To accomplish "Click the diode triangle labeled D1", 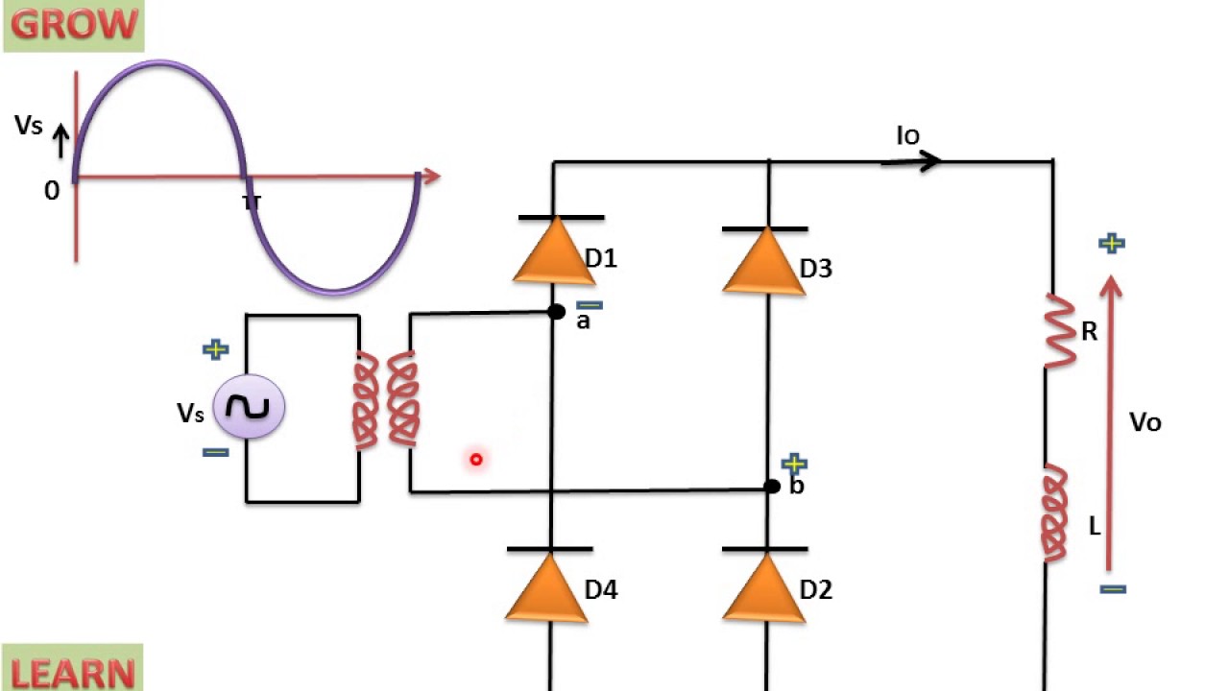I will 554,251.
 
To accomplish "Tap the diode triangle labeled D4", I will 548,586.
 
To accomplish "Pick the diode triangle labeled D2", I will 764,587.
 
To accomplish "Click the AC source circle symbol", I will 248,408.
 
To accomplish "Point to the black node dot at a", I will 556,312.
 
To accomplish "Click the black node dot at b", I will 772,487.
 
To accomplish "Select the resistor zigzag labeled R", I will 1060,331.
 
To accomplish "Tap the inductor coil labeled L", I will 1055,513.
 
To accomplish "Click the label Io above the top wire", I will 907,136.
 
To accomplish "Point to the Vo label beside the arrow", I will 1145,422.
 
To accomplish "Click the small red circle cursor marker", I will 475,460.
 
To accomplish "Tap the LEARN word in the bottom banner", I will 73,672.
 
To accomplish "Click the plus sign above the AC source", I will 216,349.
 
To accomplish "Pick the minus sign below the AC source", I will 216,452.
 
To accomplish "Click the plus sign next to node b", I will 794,465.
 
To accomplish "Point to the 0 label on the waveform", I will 52,191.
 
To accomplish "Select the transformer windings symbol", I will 387,400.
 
